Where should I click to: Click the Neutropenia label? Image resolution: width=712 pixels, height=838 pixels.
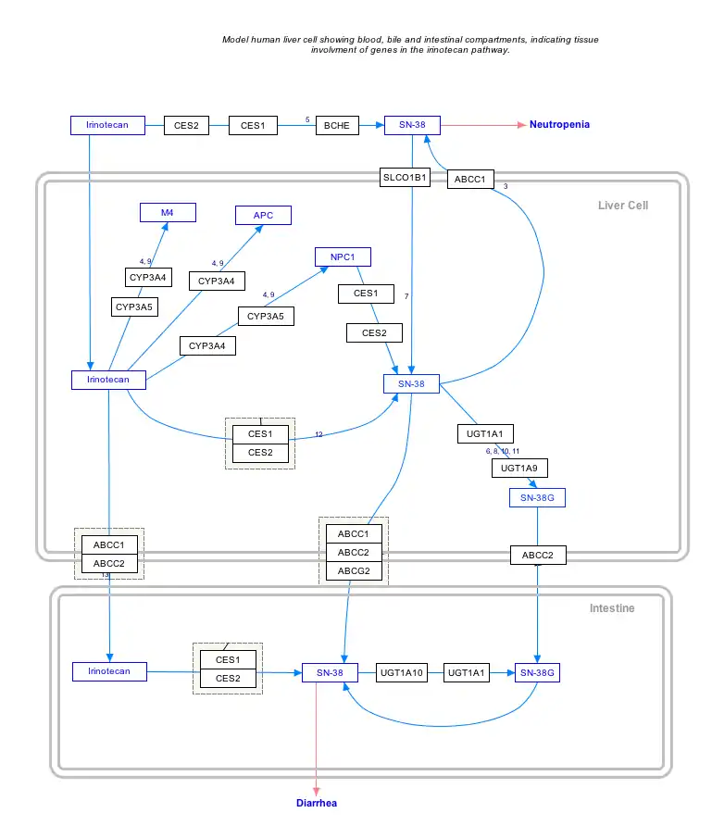pos(559,124)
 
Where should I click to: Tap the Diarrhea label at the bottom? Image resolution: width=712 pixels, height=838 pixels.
pos(317,803)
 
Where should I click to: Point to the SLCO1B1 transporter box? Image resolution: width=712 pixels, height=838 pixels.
pos(406,178)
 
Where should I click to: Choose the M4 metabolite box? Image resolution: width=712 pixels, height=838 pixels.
pos(167,213)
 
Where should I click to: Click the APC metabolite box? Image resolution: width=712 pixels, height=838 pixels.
pos(263,216)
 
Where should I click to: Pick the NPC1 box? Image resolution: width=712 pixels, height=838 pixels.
pos(343,256)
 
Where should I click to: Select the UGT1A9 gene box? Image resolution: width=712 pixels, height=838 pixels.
pos(518,469)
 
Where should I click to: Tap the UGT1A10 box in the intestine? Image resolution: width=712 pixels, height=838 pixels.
pos(402,673)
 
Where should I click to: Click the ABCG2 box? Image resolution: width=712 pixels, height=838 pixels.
pos(354,571)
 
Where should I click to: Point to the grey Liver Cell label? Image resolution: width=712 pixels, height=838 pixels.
pos(623,205)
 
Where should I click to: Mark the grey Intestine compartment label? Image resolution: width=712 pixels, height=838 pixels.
pos(612,608)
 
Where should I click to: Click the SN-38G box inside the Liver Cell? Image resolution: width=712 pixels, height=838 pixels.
pos(537,498)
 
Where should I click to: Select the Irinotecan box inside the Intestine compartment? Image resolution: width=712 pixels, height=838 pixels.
pos(109,671)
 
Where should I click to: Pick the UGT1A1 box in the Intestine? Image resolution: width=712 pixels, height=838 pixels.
pos(467,673)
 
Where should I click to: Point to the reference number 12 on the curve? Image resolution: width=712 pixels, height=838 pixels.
pos(319,434)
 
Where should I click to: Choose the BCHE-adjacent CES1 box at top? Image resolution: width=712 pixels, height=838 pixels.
pos(253,125)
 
